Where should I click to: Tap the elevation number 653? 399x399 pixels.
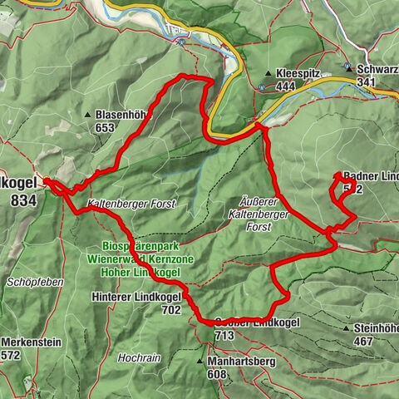(x=104, y=128)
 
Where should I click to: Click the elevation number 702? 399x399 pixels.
(x=171, y=309)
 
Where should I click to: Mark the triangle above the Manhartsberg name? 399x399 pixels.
(x=199, y=362)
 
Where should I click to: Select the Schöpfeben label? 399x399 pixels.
(x=35, y=283)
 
